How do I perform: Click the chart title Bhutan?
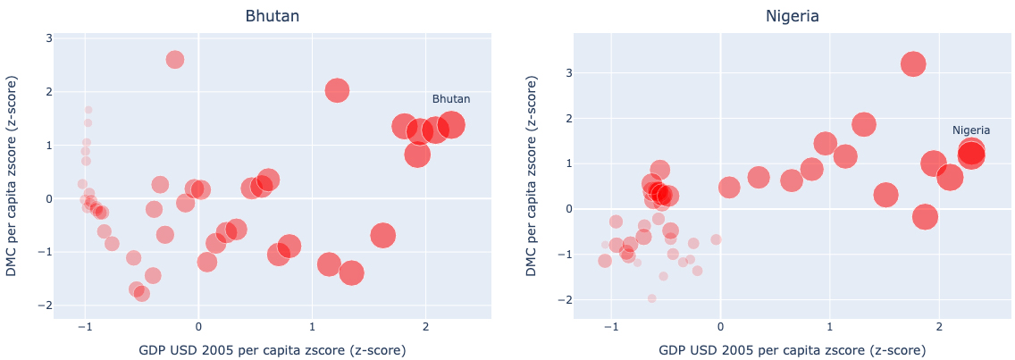pyautogui.click(x=272, y=16)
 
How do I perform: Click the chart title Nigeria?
pyautogui.click(x=792, y=16)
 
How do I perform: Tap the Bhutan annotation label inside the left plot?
pyautogui.click(x=450, y=99)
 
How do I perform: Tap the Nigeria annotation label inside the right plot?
pyautogui.click(x=970, y=130)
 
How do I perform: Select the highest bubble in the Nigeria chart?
pyautogui.click(x=912, y=63)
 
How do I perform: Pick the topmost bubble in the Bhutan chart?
pyautogui.click(x=175, y=60)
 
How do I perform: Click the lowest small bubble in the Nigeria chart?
pyautogui.click(x=651, y=298)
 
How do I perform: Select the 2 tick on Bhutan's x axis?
pyautogui.click(x=425, y=327)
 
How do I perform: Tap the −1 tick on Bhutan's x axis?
pyautogui.click(x=85, y=327)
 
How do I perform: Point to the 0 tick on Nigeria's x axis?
pyautogui.click(x=720, y=327)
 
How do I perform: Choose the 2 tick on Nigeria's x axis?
pyautogui.click(x=939, y=327)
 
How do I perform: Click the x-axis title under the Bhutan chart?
pyautogui.click(x=272, y=350)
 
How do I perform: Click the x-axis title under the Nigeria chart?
pyautogui.click(x=792, y=350)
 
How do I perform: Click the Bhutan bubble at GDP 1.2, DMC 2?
pyautogui.click(x=337, y=90)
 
